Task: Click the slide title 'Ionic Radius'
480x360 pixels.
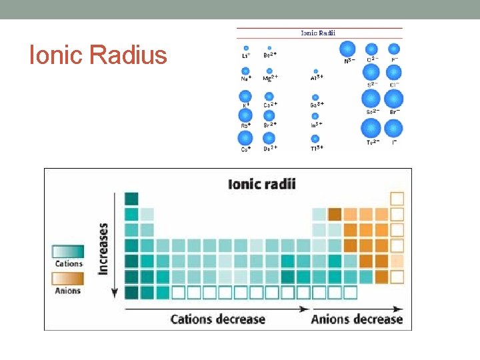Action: [98, 55]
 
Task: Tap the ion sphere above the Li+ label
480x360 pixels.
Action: [246, 48]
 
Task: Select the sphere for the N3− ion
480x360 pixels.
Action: [347, 49]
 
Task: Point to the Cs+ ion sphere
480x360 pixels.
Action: [245, 138]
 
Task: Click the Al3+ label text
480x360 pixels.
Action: [317, 78]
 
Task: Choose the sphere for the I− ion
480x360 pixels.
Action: [394, 127]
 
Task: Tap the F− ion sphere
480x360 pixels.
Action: [394, 49]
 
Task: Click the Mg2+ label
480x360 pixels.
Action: [270, 79]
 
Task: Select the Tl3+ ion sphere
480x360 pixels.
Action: [315, 139]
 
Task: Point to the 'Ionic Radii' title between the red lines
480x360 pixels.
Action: [319, 32]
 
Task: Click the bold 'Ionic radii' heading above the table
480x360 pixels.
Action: [262, 183]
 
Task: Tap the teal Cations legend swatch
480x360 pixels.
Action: [68, 251]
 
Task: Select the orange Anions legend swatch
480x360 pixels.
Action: [68, 277]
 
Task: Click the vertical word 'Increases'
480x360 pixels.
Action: [104, 248]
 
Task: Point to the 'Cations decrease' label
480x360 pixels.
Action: [218, 319]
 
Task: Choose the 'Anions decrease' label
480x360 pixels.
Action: [357, 319]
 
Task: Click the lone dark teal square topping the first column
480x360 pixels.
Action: [131, 198]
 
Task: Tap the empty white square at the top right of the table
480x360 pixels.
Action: [397, 198]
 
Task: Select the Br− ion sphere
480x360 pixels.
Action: [394, 99]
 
